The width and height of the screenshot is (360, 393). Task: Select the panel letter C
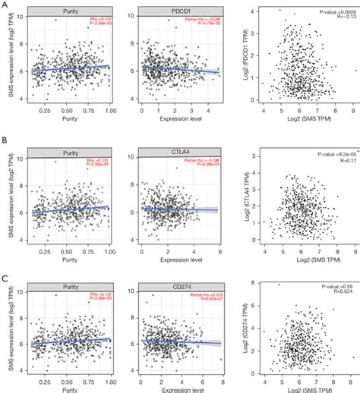[5, 268]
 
